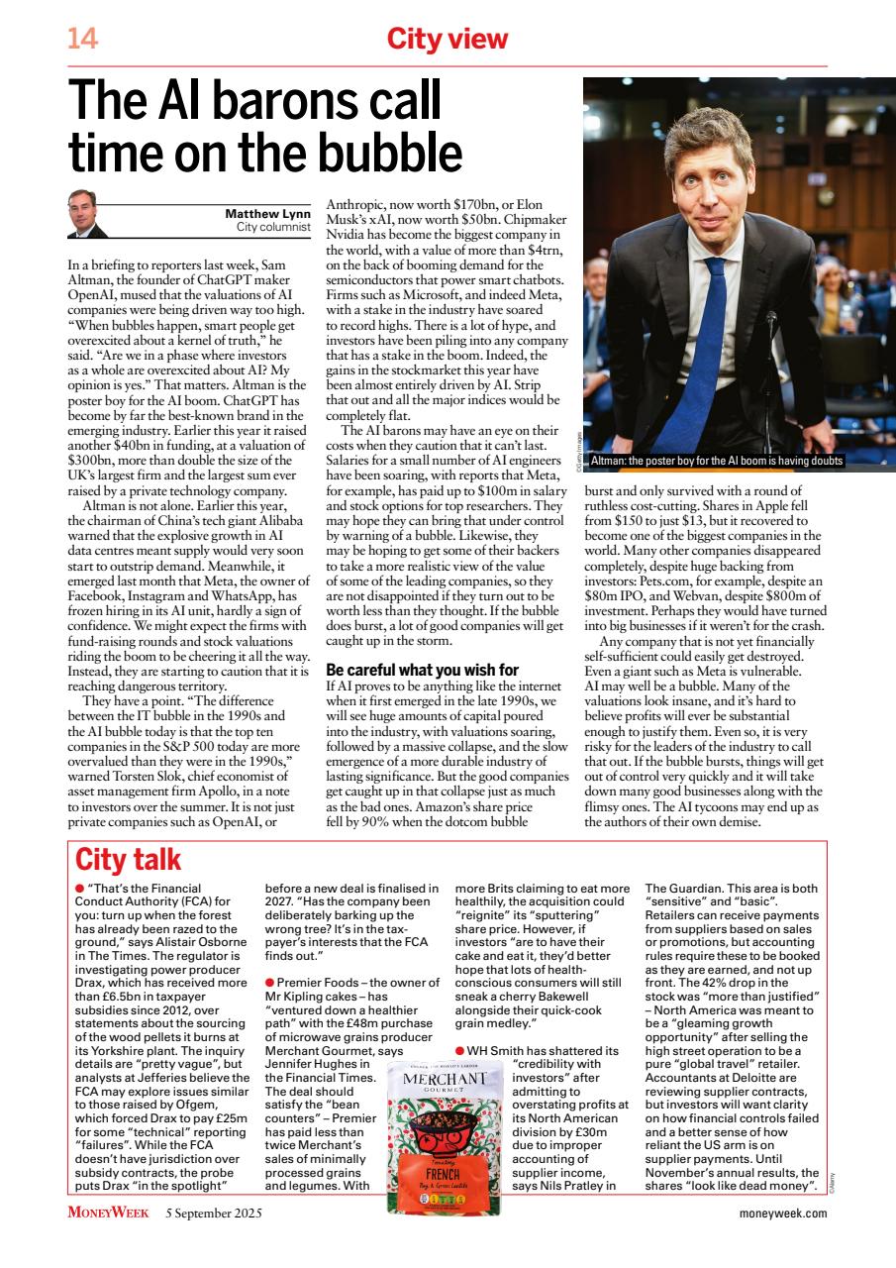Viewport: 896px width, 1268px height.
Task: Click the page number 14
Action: tap(81, 39)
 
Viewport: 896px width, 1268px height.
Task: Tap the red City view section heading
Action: tap(447, 39)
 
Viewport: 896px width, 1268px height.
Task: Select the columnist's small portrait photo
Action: tap(88, 214)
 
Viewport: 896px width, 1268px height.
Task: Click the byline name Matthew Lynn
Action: tap(268, 213)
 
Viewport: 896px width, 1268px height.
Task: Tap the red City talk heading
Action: tap(128, 858)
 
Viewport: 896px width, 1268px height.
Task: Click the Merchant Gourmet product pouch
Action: tap(445, 1124)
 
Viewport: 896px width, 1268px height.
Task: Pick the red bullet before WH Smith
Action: tap(460, 1049)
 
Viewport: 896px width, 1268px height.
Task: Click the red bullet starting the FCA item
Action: tap(80, 889)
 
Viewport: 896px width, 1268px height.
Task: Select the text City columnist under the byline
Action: tap(273, 227)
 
